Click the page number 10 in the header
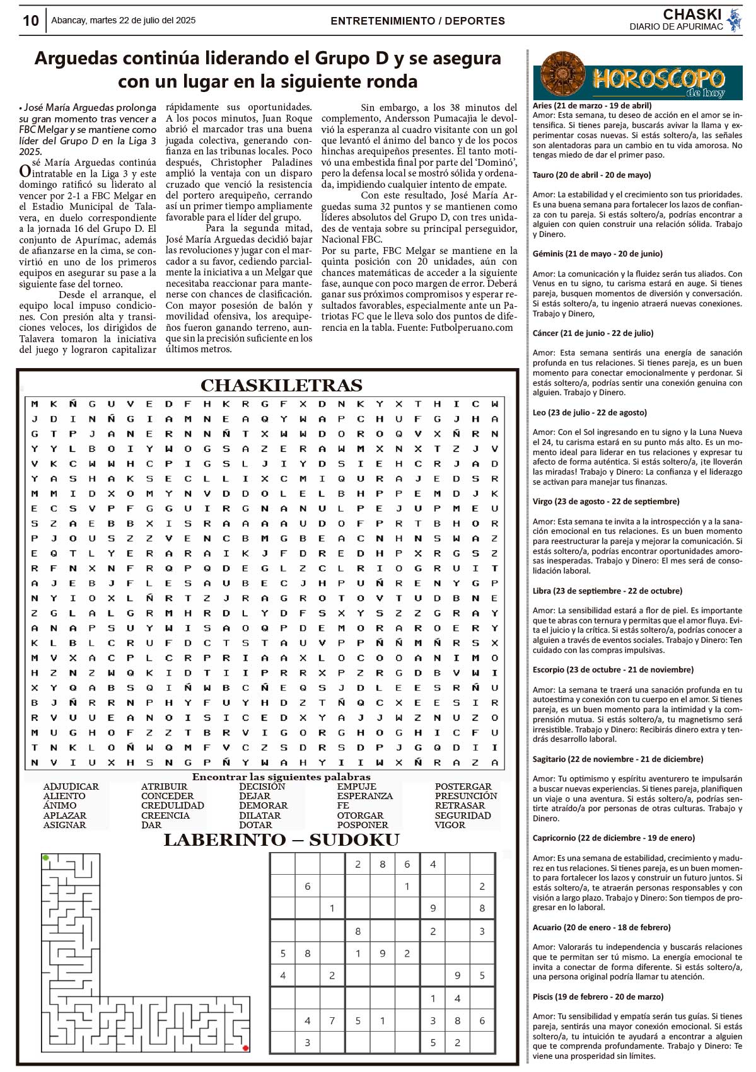point(30,21)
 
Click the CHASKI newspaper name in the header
point(692,14)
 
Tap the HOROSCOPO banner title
point(658,79)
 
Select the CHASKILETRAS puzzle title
point(281,385)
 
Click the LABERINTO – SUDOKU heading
point(281,839)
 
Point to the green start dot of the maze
point(45,858)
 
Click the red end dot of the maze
point(245,1048)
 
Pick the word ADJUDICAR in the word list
point(71,787)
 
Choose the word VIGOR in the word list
point(450,825)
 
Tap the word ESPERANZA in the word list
point(364,796)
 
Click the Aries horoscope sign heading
point(592,106)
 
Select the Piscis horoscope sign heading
point(598,996)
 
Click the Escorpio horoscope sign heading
point(613,669)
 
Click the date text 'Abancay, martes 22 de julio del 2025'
point(123,20)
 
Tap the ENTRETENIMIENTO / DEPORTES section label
point(417,21)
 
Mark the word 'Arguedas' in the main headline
point(76,58)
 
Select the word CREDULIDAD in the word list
point(172,805)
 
